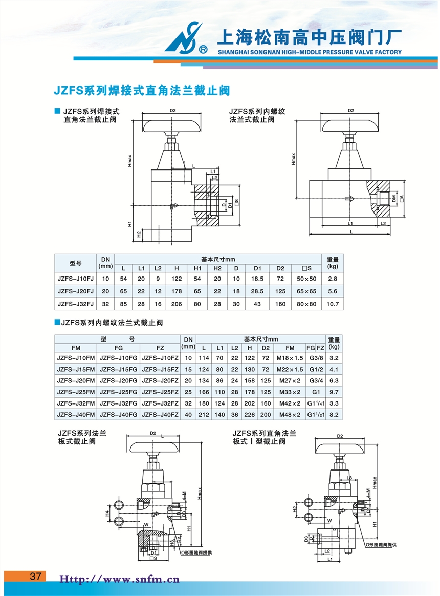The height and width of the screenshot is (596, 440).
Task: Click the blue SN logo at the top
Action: (x=182, y=37)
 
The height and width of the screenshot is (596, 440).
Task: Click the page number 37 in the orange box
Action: (x=36, y=576)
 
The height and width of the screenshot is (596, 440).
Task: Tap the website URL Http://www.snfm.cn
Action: (x=120, y=580)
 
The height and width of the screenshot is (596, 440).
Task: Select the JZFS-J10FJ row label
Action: (x=75, y=279)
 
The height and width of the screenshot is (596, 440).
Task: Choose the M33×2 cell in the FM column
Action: (x=290, y=392)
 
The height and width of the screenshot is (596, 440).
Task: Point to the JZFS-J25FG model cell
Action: (x=118, y=392)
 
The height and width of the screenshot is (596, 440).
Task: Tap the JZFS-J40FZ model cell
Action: (x=160, y=414)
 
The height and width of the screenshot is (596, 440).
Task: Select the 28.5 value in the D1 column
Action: (x=257, y=291)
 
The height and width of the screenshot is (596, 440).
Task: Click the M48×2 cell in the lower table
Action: (x=290, y=414)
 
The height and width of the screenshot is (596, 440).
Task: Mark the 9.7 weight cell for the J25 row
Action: (x=334, y=392)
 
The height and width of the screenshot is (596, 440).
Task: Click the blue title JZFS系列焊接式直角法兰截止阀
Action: (x=142, y=91)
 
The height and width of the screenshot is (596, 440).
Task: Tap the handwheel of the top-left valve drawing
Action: (x=172, y=125)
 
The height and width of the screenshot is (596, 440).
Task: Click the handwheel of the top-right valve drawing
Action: (x=350, y=125)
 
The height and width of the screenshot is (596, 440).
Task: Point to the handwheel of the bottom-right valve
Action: (x=340, y=449)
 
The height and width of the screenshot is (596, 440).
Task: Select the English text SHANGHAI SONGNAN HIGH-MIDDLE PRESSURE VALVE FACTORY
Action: (x=310, y=52)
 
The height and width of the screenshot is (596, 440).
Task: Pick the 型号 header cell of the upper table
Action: (x=75, y=263)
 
